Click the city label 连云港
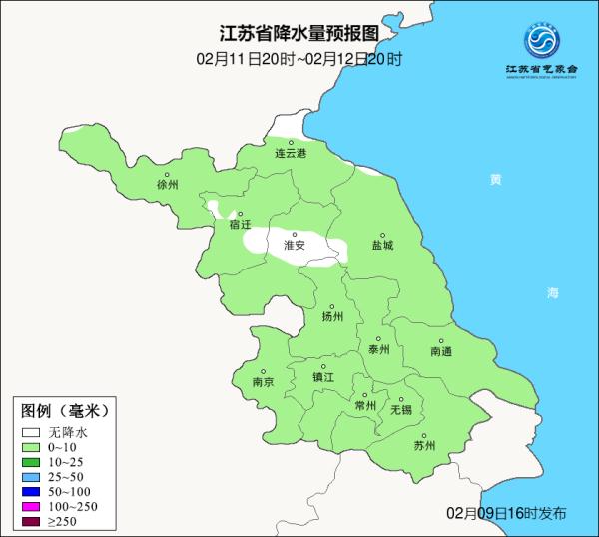point(291,153)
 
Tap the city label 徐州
point(167,185)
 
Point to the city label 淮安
point(294,245)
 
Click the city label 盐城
point(382,245)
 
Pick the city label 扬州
point(332,317)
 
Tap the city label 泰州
point(378,350)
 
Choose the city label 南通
point(441,351)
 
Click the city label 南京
point(264,381)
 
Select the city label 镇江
point(323,377)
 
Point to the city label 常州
point(365,405)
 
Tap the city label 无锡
point(401,410)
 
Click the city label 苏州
point(424,446)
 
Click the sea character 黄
point(496,180)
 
